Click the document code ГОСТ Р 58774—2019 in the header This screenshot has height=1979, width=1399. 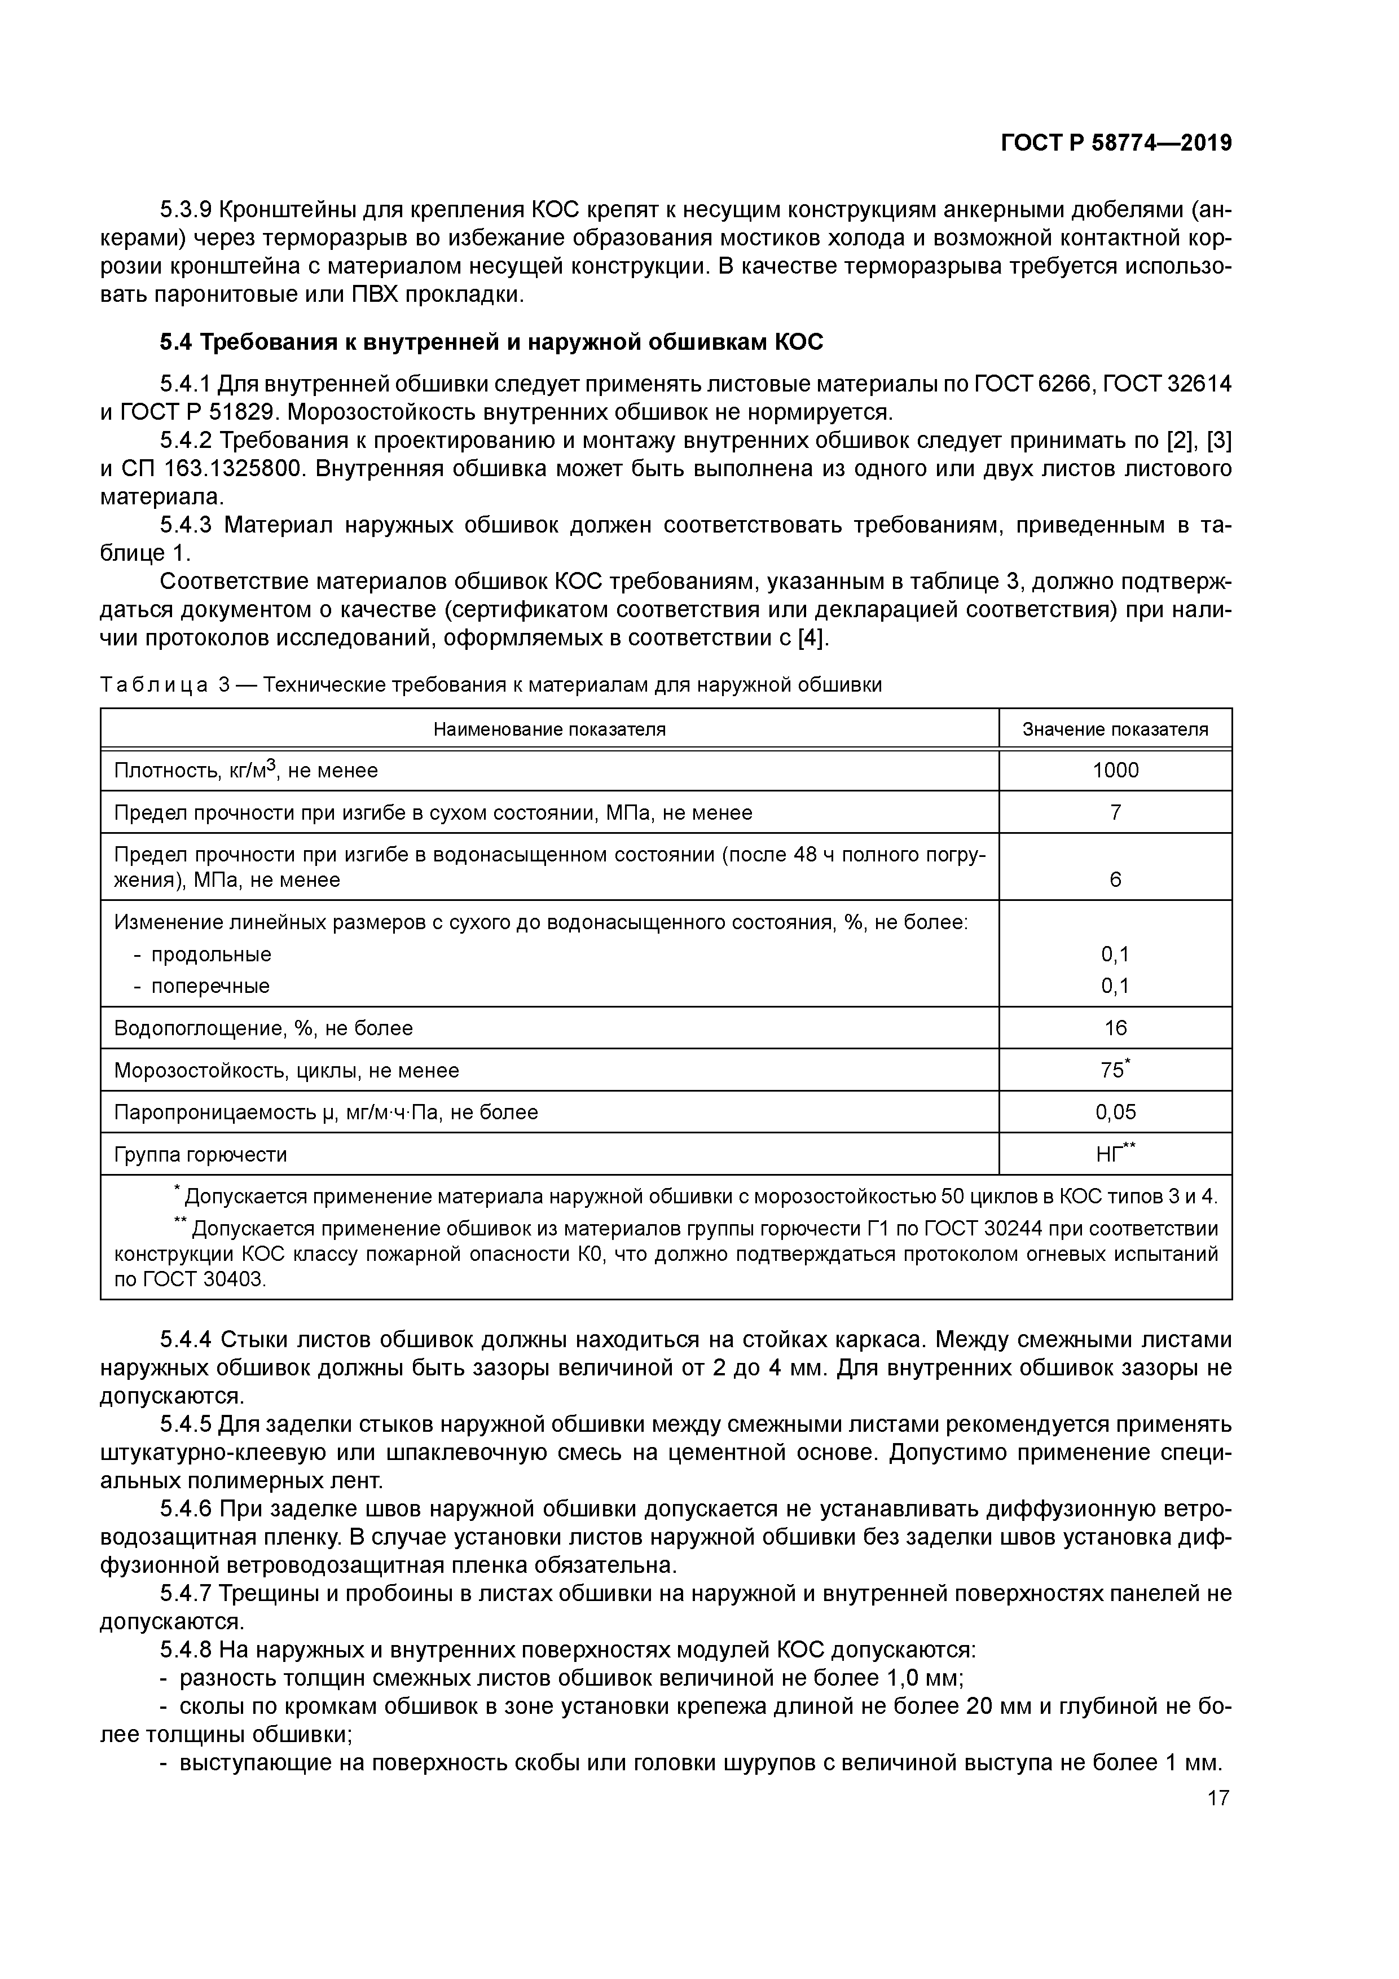pyautogui.click(x=1116, y=143)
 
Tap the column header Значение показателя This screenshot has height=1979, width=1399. pyautogui.click(x=1115, y=729)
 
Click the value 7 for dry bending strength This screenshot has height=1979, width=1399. pyautogui.click(x=1115, y=812)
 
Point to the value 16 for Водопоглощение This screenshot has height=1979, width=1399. pyautogui.click(x=1115, y=1027)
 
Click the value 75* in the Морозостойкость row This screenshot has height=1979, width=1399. pyautogui.click(x=1115, y=1070)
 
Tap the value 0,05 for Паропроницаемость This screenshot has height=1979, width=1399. pyautogui.click(x=1115, y=1112)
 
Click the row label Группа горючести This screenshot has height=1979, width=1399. pyautogui.click(x=200, y=1154)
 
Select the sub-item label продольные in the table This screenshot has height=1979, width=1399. pyautogui.click(x=210, y=954)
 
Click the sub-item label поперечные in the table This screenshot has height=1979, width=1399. pyautogui.click(x=210, y=985)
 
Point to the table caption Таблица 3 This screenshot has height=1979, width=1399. pyautogui.click(x=164, y=685)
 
